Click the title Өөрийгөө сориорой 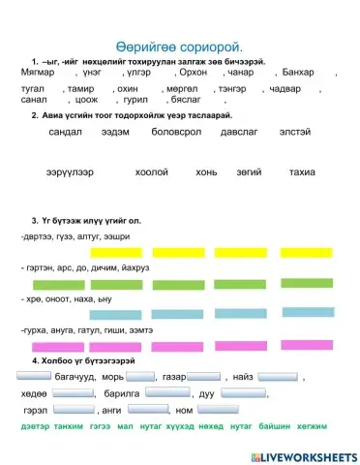(x=179, y=45)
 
